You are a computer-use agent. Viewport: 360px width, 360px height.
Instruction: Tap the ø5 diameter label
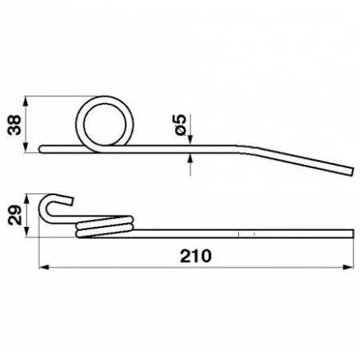180,123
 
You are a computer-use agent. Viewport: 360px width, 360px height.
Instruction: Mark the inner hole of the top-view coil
107,120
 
